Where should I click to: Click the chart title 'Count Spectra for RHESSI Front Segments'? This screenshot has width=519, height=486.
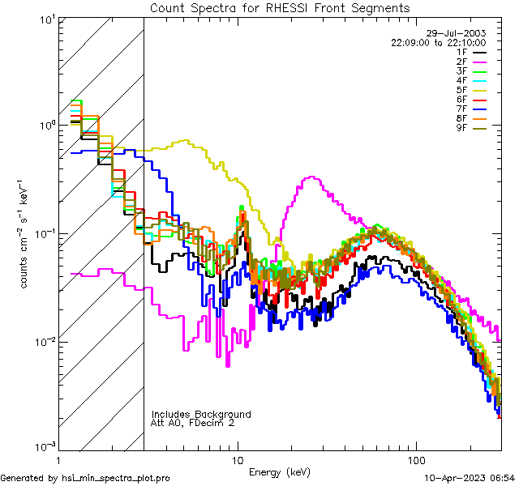(x=280, y=7)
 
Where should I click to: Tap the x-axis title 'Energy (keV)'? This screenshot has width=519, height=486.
(x=280, y=472)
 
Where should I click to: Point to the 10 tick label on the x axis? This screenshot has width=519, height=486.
(x=237, y=459)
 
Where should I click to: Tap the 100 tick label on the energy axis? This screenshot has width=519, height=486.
(x=415, y=459)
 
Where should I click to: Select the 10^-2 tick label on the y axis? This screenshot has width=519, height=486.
(x=45, y=341)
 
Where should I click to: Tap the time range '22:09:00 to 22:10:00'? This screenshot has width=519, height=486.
(x=439, y=41)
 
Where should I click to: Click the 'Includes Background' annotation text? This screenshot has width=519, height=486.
(x=201, y=414)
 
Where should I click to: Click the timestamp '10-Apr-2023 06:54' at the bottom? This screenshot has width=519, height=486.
(x=468, y=479)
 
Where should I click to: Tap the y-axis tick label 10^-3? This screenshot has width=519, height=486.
(x=45, y=448)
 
